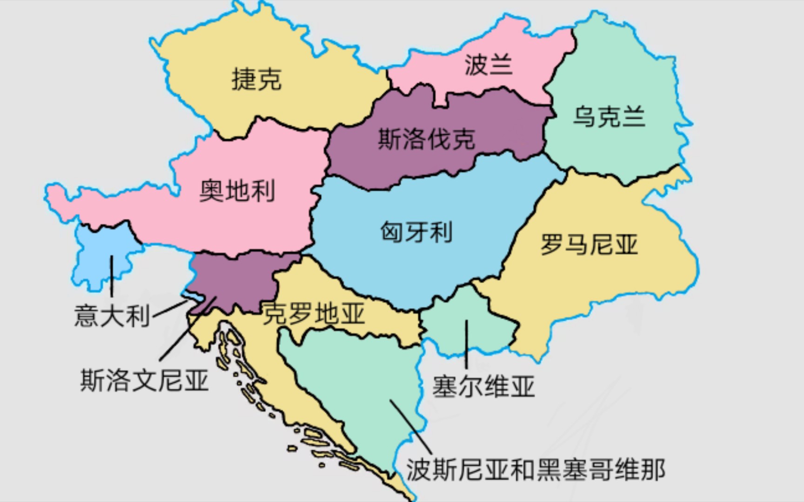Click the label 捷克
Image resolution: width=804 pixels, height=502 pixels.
click(x=256, y=79)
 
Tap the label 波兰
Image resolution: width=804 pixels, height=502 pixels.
click(x=488, y=64)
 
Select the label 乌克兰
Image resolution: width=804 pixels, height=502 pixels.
click(x=609, y=116)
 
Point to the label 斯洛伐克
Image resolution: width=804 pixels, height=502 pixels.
click(x=426, y=139)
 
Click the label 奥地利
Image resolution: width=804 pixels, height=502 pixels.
click(x=237, y=191)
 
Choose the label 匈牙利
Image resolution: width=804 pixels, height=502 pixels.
click(x=416, y=231)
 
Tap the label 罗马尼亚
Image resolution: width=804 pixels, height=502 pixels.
click(x=589, y=244)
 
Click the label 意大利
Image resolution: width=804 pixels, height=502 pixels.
click(x=112, y=316)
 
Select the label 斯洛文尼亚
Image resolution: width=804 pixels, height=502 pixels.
click(x=144, y=380)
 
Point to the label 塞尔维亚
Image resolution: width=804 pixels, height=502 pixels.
click(x=483, y=386)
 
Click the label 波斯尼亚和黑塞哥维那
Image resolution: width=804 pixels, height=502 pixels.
click(x=536, y=470)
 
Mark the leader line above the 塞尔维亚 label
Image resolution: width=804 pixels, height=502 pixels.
click(x=466, y=344)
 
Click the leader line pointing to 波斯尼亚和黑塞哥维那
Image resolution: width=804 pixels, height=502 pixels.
click(x=412, y=428)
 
